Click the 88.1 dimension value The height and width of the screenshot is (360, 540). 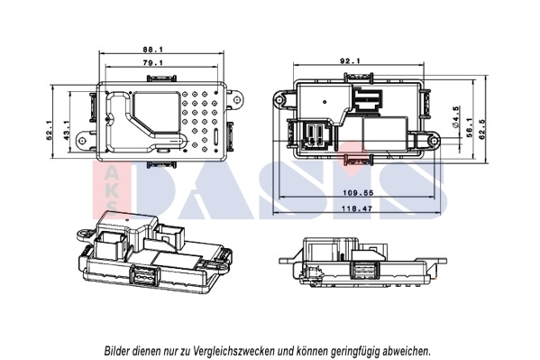[152, 50]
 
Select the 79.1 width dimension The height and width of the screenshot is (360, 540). [152, 63]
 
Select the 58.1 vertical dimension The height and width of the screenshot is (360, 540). [469, 132]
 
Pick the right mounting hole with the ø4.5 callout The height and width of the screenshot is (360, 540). [435, 141]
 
